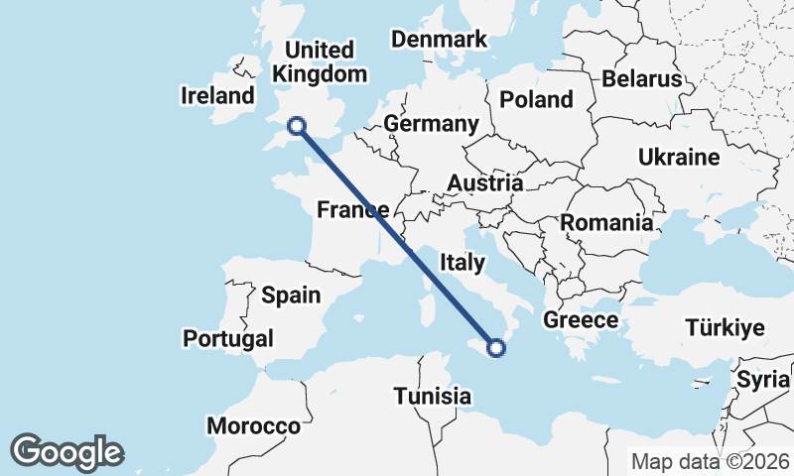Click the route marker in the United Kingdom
click(x=296, y=125)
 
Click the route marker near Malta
click(x=497, y=347)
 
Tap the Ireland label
click(x=218, y=96)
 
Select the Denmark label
click(x=439, y=40)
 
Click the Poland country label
click(x=536, y=99)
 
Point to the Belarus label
click(x=642, y=78)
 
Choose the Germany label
click(x=431, y=124)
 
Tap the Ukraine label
click(x=679, y=158)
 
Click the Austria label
click(x=484, y=183)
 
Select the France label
click(x=351, y=209)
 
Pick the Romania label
click(x=607, y=223)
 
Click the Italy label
click(x=462, y=263)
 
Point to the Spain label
click(x=291, y=295)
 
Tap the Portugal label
click(x=228, y=339)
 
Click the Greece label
click(x=581, y=320)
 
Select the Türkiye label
click(x=725, y=328)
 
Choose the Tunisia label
click(x=432, y=397)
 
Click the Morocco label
click(x=253, y=426)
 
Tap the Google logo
click(x=66, y=451)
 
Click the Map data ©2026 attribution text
click(x=711, y=462)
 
